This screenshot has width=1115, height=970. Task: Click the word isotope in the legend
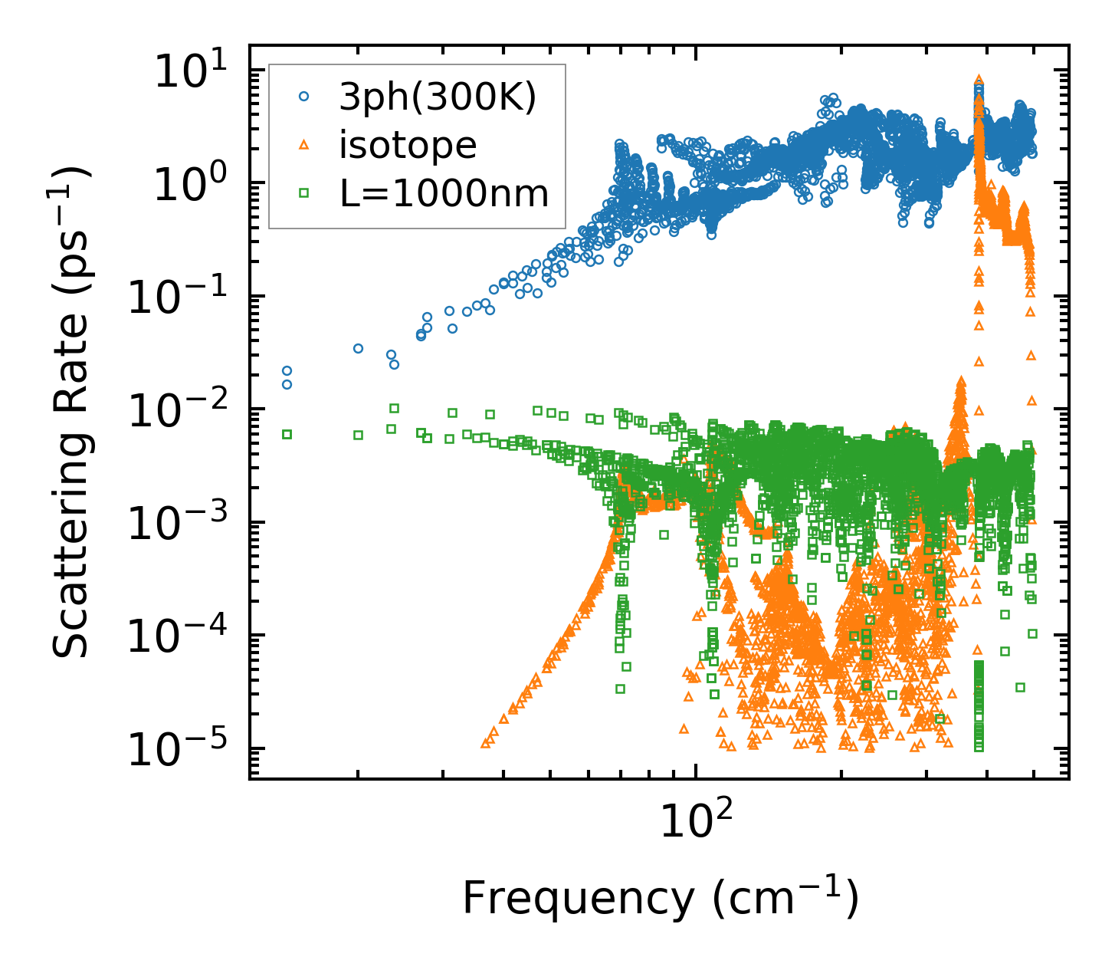coord(408,145)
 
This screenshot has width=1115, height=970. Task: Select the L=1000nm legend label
coord(444,193)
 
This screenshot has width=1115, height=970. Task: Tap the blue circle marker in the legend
coord(304,97)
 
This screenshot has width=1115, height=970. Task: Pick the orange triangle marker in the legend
coord(304,145)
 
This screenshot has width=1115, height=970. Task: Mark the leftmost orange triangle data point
coord(485,743)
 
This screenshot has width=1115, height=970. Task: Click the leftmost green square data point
coord(287,434)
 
